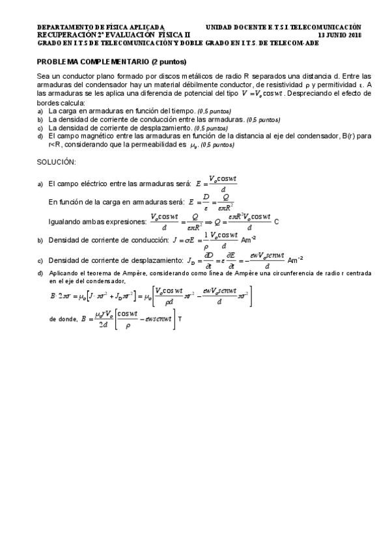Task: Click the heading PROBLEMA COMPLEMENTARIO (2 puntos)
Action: click(111, 62)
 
